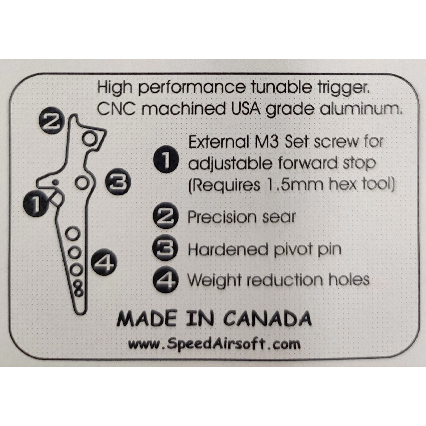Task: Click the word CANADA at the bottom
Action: [x=268, y=318]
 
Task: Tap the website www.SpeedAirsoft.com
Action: [x=215, y=344]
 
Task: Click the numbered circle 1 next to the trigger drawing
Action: [x=36, y=203]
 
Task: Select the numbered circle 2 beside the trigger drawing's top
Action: [x=52, y=121]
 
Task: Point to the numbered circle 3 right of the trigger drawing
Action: [x=118, y=181]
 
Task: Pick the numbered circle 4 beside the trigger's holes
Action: [x=104, y=262]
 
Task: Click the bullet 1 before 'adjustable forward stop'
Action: [x=166, y=159]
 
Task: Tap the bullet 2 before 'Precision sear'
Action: [x=166, y=216]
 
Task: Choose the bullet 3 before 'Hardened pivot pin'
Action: [x=165, y=248]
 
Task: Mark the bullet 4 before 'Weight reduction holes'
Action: [x=166, y=280]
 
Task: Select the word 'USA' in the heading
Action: [x=246, y=109]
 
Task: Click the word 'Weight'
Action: [x=214, y=280]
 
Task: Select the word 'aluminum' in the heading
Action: [x=361, y=109]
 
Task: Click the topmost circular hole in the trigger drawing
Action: [x=89, y=138]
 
